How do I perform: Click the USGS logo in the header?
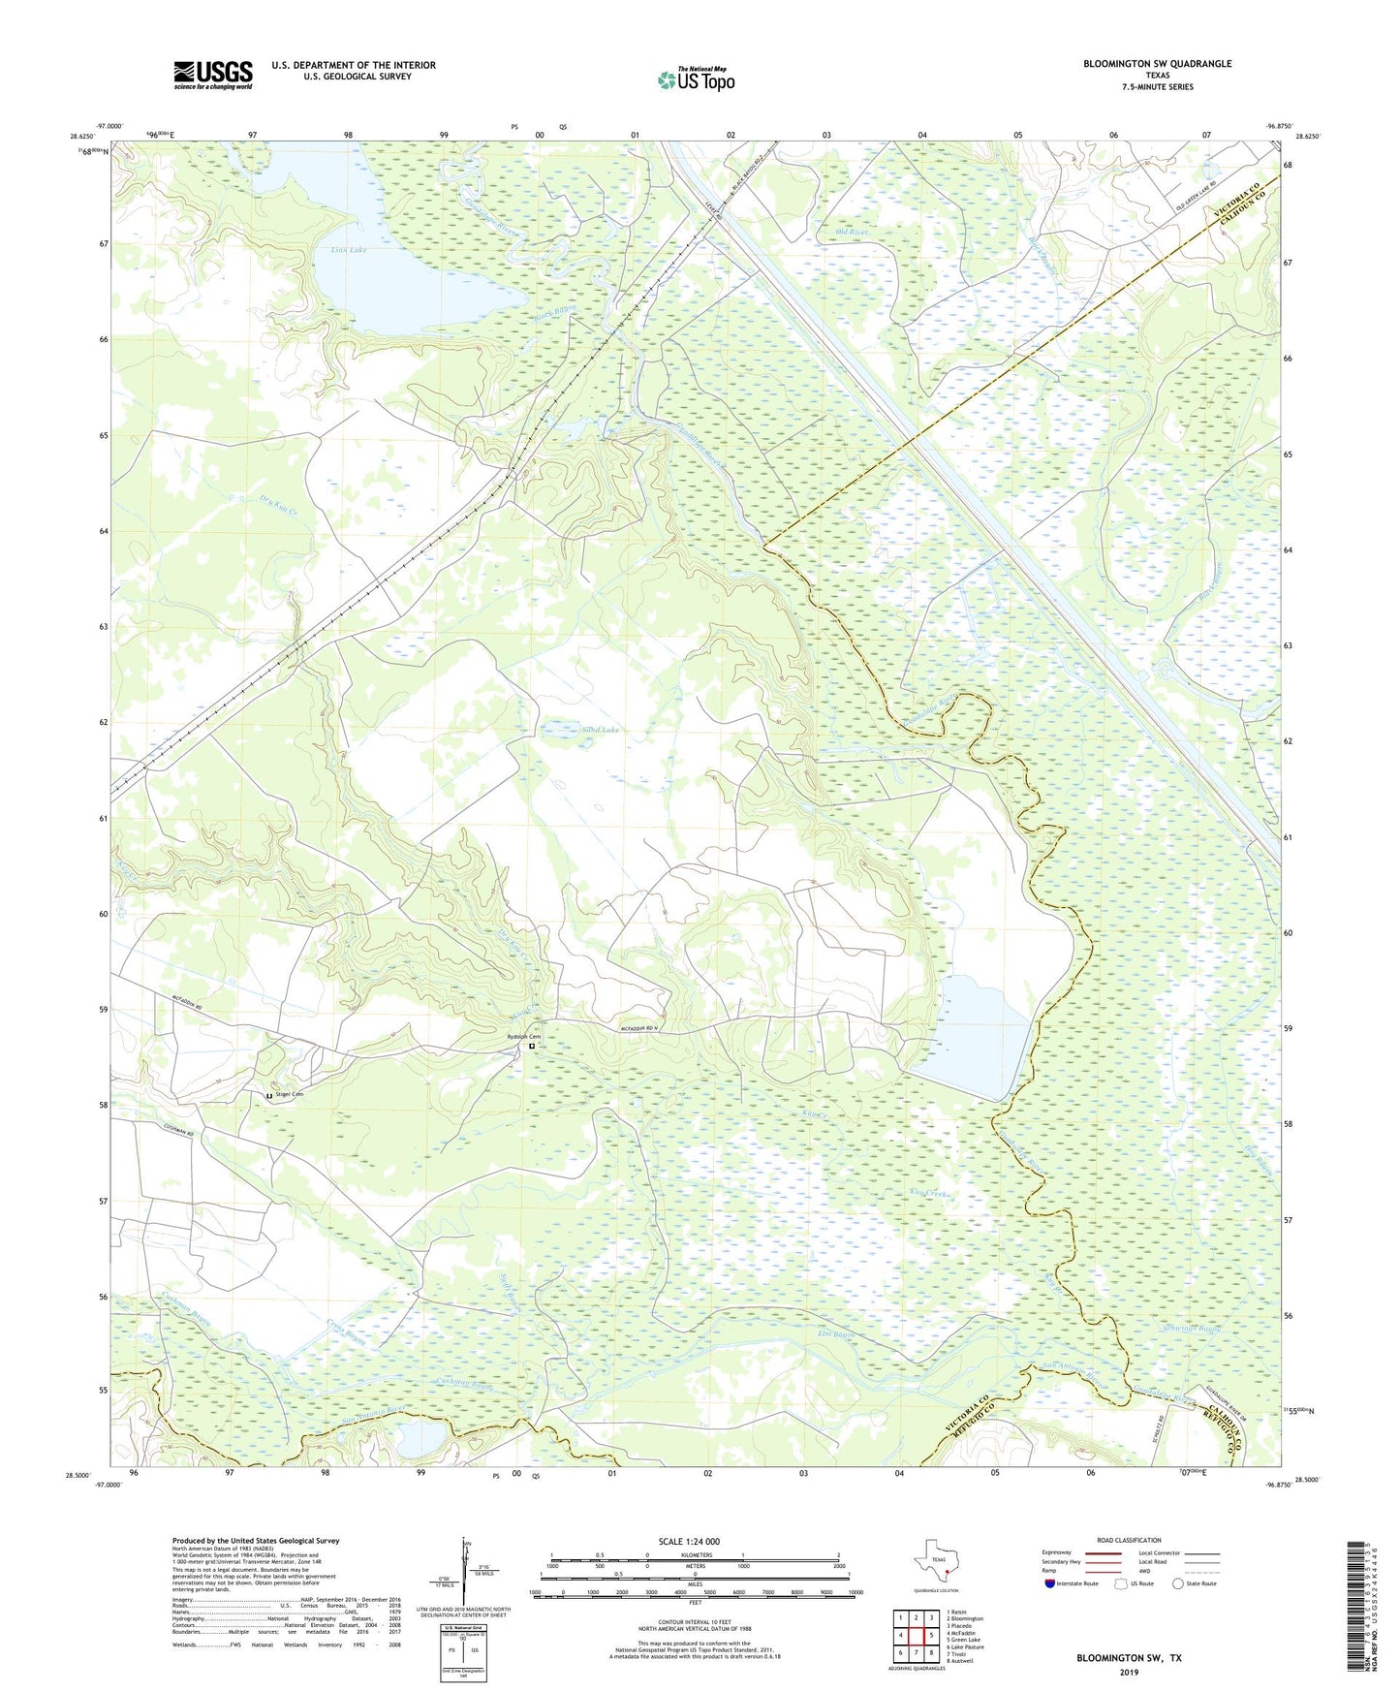coord(212,74)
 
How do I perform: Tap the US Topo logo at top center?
coord(695,79)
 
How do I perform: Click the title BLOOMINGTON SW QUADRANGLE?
coord(1157,64)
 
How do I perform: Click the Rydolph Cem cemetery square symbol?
coord(532,1047)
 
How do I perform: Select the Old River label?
coord(852,234)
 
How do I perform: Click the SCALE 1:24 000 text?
coord(688,1542)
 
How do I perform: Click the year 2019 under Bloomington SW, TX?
coord(1129,1673)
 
